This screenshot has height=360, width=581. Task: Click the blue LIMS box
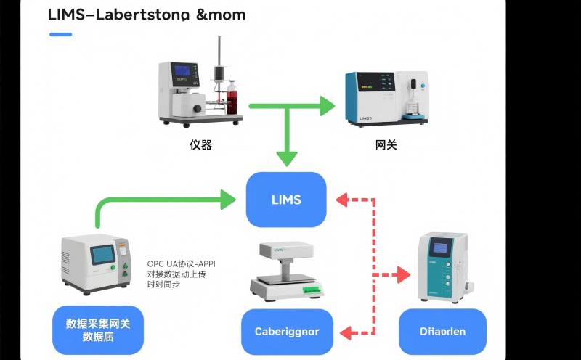(x=286, y=200)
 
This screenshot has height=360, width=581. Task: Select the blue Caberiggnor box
(x=287, y=332)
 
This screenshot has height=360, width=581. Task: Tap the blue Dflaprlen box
(x=442, y=332)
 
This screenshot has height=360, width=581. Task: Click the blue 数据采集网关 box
(x=98, y=330)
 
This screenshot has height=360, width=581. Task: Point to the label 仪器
(x=200, y=145)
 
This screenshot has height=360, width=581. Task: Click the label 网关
(x=386, y=145)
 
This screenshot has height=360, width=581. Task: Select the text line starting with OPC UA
(x=181, y=263)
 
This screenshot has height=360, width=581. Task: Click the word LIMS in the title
(x=65, y=15)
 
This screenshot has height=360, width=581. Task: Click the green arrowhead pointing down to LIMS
(x=288, y=157)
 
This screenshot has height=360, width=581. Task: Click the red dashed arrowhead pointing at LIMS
(x=342, y=198)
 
